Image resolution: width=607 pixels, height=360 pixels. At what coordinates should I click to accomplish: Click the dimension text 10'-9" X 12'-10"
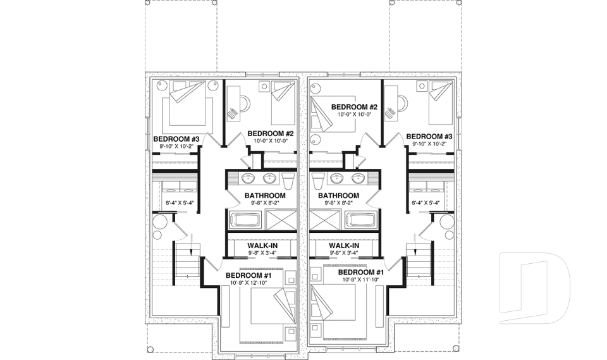pos(249,283)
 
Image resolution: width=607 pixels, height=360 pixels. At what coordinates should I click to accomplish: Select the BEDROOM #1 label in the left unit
pos(249,275)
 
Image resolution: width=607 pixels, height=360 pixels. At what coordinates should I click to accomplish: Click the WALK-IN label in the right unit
pos(344,245)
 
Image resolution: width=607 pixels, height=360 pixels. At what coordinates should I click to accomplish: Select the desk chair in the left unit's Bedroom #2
pos(234,114)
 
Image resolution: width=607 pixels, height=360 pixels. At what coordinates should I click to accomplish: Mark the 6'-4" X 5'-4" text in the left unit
pos(179,204)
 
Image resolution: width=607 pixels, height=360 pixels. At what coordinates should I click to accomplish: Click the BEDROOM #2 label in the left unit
pos(271,133)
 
